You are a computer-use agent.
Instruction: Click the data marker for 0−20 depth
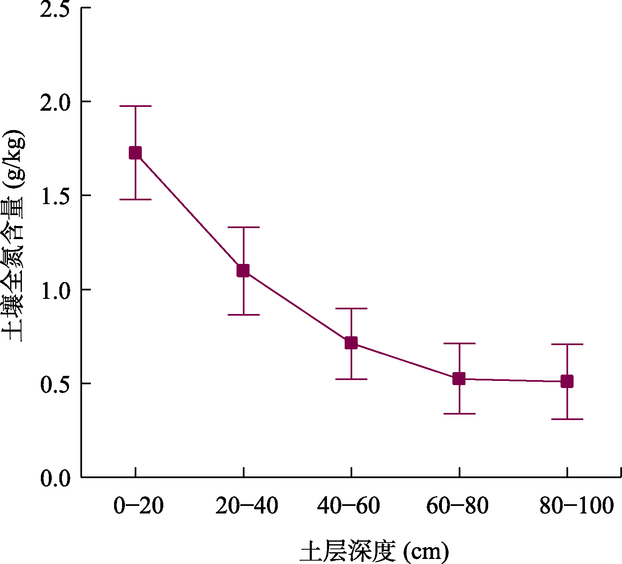pos(135,153)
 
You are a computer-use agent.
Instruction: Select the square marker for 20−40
pos(243,271)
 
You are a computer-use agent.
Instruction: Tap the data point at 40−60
pos(351,343)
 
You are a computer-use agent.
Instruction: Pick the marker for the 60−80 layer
pos(459,379)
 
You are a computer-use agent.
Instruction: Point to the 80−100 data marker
pos(567,382)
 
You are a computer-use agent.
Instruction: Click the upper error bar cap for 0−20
pos(135,106)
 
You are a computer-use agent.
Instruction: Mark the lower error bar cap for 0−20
pos(135,200)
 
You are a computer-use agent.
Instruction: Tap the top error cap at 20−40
pos(243,227)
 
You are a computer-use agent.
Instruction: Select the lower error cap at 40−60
pos(351,379)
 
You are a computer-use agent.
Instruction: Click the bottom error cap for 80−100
pos(567,419)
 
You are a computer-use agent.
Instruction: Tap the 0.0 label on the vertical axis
pos(55,479)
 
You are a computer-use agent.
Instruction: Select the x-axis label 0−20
pos(138,505)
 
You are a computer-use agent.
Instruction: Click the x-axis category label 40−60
pos(348,505)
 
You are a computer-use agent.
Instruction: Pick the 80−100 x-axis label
pos(577,505)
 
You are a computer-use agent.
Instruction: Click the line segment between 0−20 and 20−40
pos(189,212)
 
